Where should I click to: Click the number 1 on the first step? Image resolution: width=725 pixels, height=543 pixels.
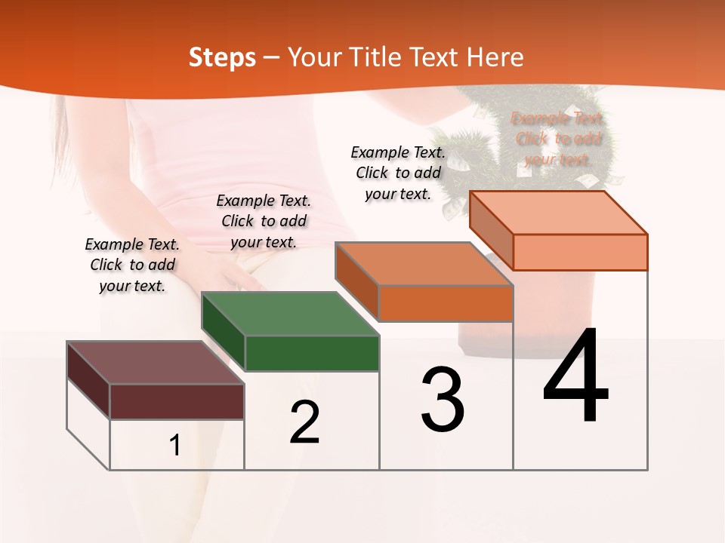[x=175, y=445]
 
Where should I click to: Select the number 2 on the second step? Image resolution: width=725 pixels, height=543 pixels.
[x=304, y=422]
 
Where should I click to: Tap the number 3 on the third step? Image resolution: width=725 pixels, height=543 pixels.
[x=443, y=400]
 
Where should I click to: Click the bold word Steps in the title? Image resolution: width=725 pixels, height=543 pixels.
[x=222, y=57]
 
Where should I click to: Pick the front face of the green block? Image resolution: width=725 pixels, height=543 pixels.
[x=312, y=353]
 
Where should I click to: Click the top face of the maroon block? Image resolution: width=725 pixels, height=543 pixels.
[x=155, y=363]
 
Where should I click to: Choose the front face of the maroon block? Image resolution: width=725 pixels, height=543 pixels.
[x=177, y=401]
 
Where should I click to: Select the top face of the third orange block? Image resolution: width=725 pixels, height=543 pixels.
[x=424, y=264]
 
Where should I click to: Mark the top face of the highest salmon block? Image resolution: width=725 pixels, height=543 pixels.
[x=558, y=213]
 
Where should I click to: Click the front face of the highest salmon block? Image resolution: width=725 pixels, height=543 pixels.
[x=580, y=252]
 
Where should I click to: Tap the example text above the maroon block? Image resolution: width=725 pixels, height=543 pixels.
[x=132, y=265]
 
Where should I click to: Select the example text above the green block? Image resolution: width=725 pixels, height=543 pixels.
[x=264, y=221]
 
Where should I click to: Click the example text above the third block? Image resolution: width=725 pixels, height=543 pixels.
[x=398, y=173]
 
